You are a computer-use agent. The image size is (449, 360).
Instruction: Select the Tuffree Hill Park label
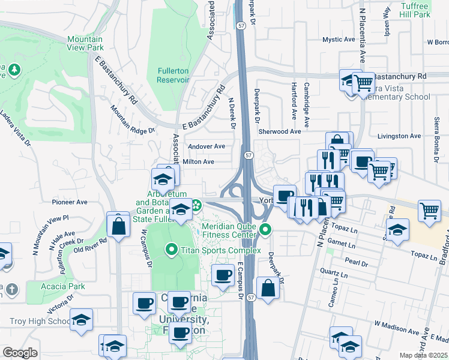pos(415,10)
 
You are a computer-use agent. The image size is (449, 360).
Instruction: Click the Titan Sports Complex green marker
pos(172,248)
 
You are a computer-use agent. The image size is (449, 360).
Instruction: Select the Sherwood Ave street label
pos(279,131)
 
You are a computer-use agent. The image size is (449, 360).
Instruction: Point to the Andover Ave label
pos(206,146)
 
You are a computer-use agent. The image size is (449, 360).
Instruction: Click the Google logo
pos(20,353)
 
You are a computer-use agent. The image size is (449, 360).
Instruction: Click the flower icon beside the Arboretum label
pos(196,208)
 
